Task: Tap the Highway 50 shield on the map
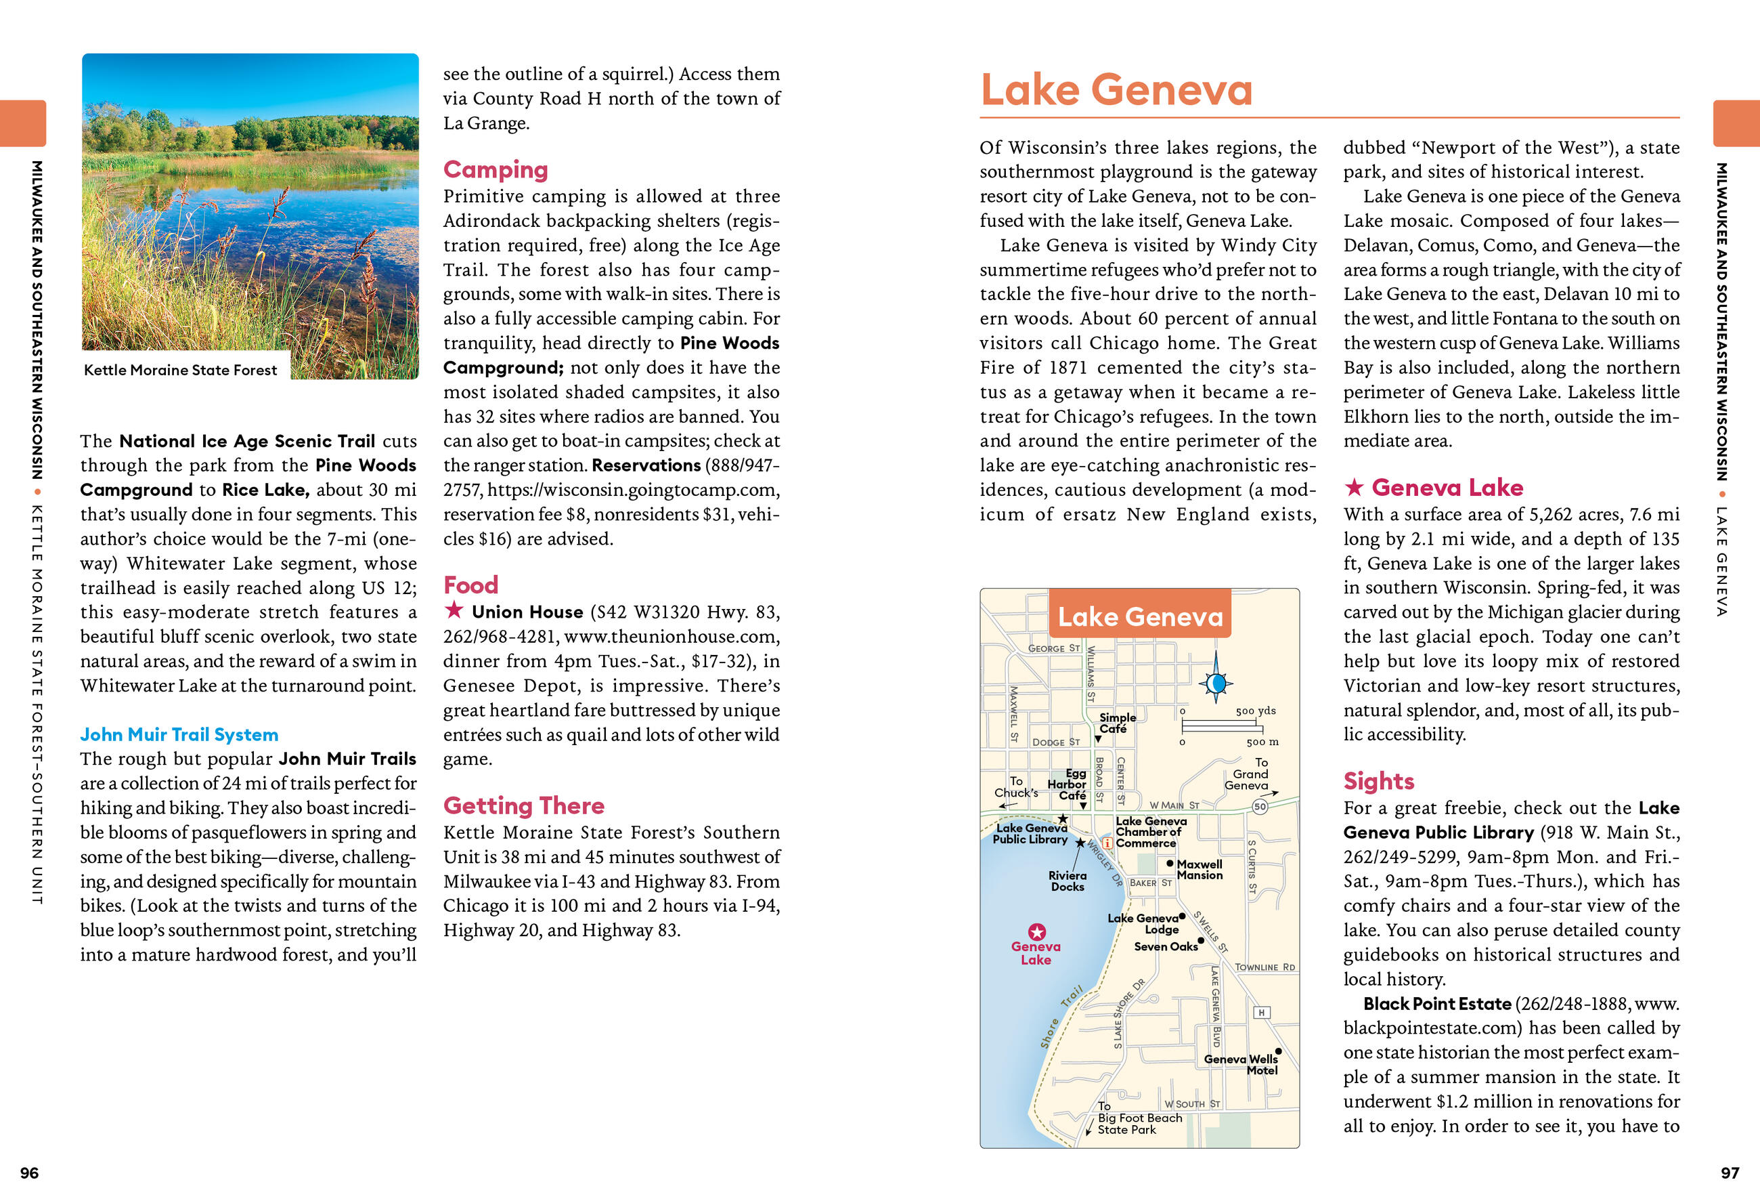click(1259, 806)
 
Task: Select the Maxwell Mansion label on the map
click(1199, 869)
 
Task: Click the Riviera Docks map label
click(1067, 881)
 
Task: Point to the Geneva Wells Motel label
click(1241, 1064)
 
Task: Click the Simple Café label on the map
click(1117, 723)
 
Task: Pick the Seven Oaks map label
click(1166, 946)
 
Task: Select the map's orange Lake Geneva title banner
click(1140, 616)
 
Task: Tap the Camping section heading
click(496, 169)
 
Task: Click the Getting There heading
click(523, 805)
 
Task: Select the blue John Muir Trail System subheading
click(179, 734)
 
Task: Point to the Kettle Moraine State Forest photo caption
click(180, 370)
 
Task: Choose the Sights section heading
click(1378, 780)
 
